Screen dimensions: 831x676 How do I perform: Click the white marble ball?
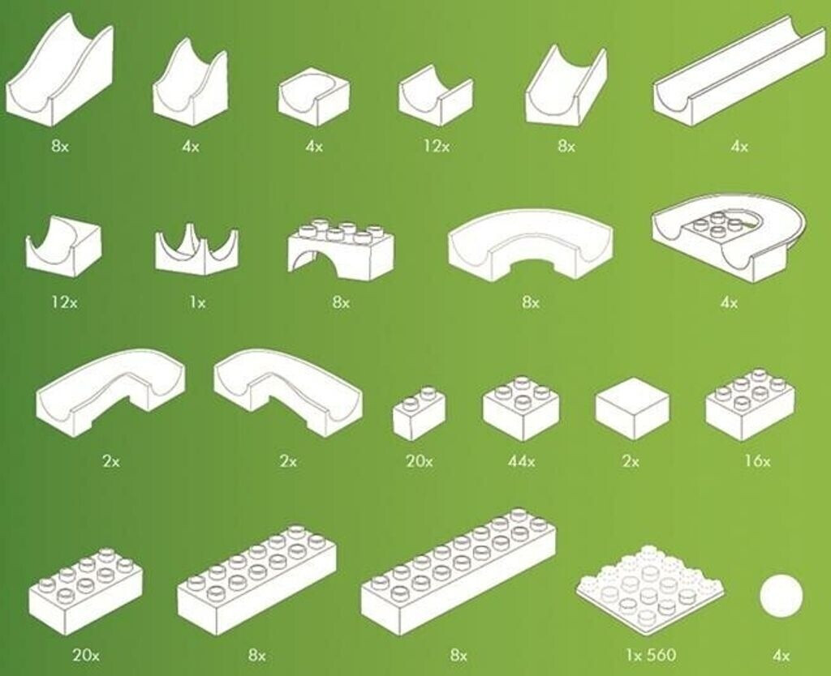(781, 596)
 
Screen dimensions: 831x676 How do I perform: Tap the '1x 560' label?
(651, 656)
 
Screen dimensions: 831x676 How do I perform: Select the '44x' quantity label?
(522, 461)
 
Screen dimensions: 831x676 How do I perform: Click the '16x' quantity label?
(758, 461)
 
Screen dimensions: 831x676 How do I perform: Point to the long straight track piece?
(740, 72)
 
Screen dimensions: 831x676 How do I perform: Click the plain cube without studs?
(632, 409)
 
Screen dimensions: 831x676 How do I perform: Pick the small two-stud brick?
(419, 413)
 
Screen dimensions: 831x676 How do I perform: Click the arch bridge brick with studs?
(341, 250)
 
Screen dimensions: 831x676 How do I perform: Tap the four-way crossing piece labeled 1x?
(196, 250)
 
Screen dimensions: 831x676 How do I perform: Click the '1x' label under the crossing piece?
(197, 303)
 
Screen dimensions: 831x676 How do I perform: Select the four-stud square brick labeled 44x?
(522, 409)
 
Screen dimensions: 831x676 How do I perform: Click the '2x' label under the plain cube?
(631, 461)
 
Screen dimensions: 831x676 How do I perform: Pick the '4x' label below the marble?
(781, 656)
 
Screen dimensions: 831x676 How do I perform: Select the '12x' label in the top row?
(436, 146)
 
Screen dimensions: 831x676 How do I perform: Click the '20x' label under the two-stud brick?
(420, 461)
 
